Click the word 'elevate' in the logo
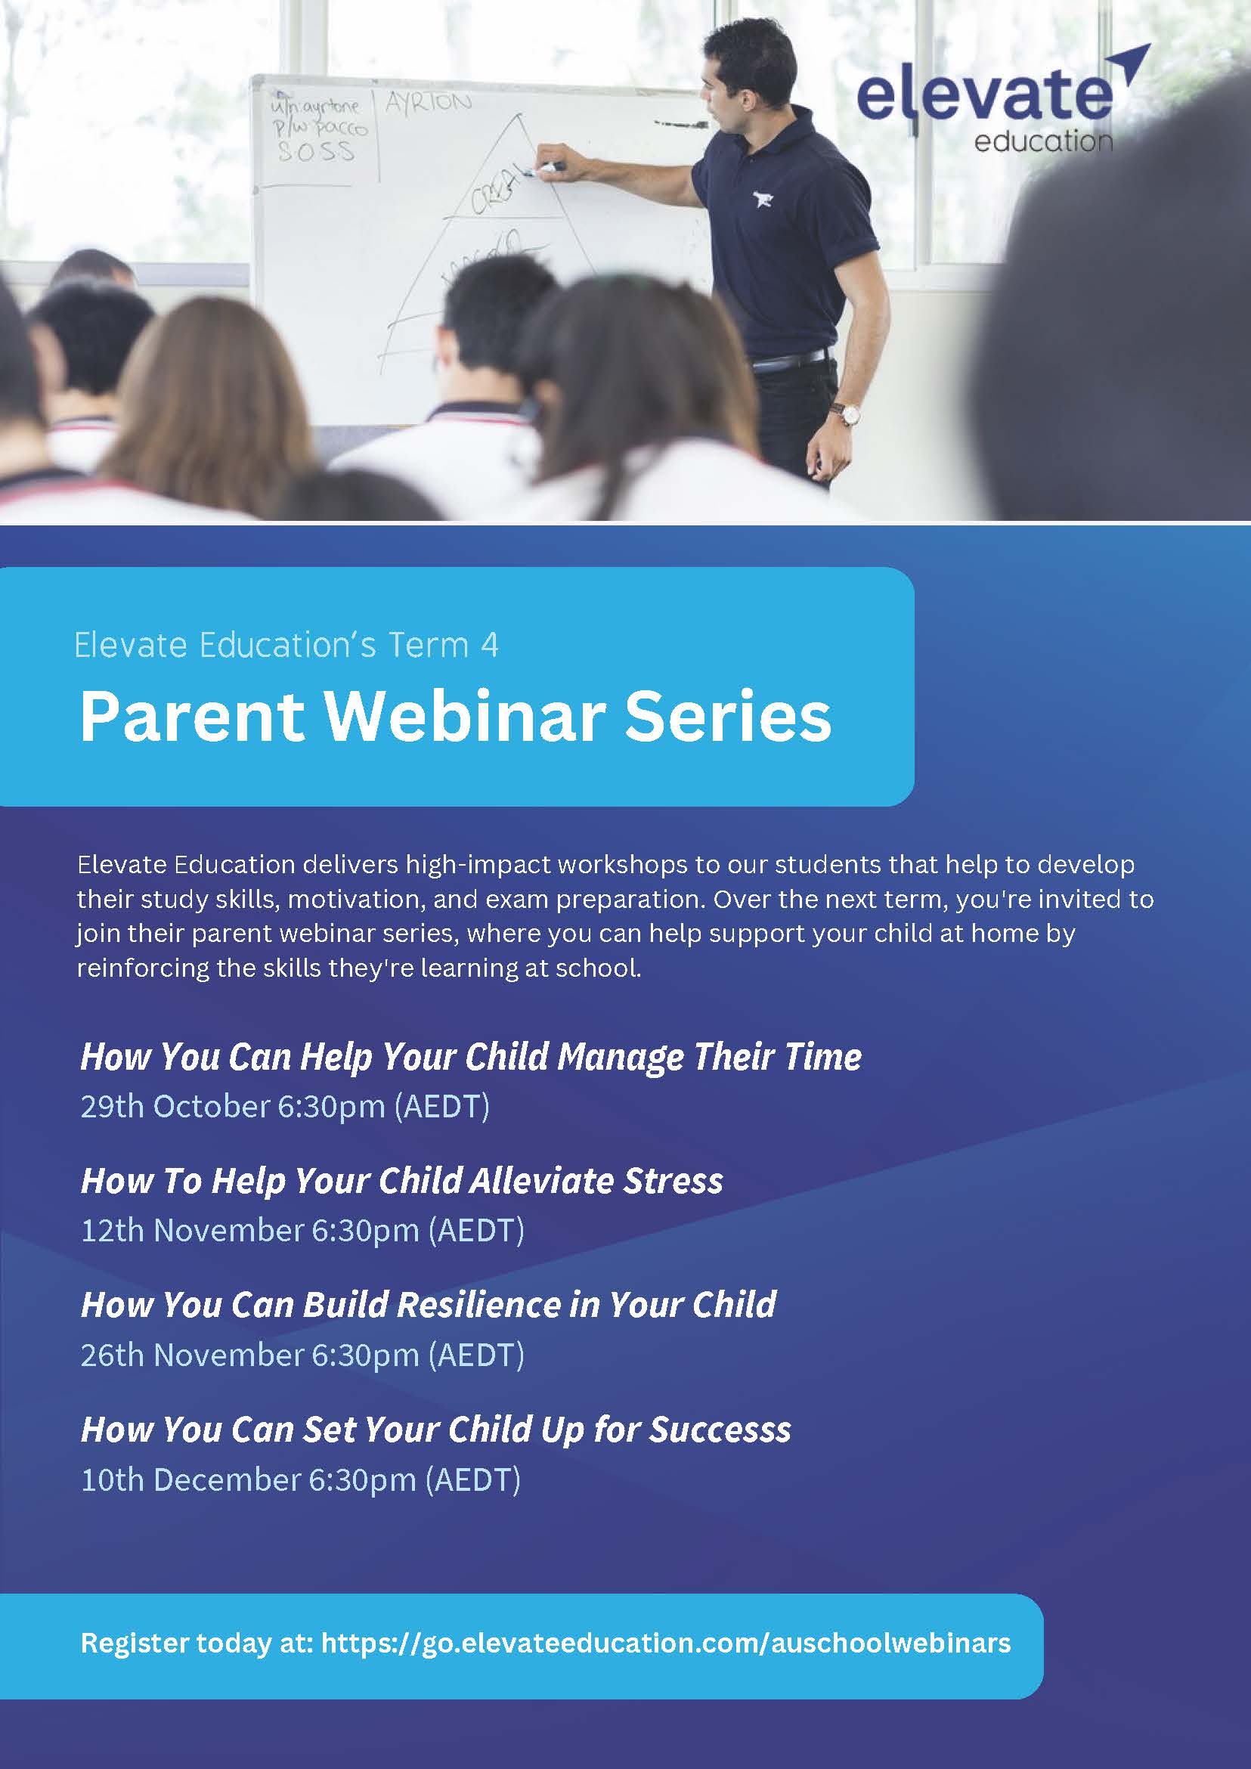click(x=984, y=95)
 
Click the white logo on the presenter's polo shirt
click(x=763, y=201)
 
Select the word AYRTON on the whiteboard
click(x=429, y=103)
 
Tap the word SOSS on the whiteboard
click(x=316, y=151)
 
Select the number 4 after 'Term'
click(x=489, y=645)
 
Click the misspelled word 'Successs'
click(x=720, y=1430)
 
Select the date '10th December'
click(x=191, y=1479)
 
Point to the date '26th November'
click(x=193, y=1355)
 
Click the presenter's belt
click(x=793, y=358)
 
